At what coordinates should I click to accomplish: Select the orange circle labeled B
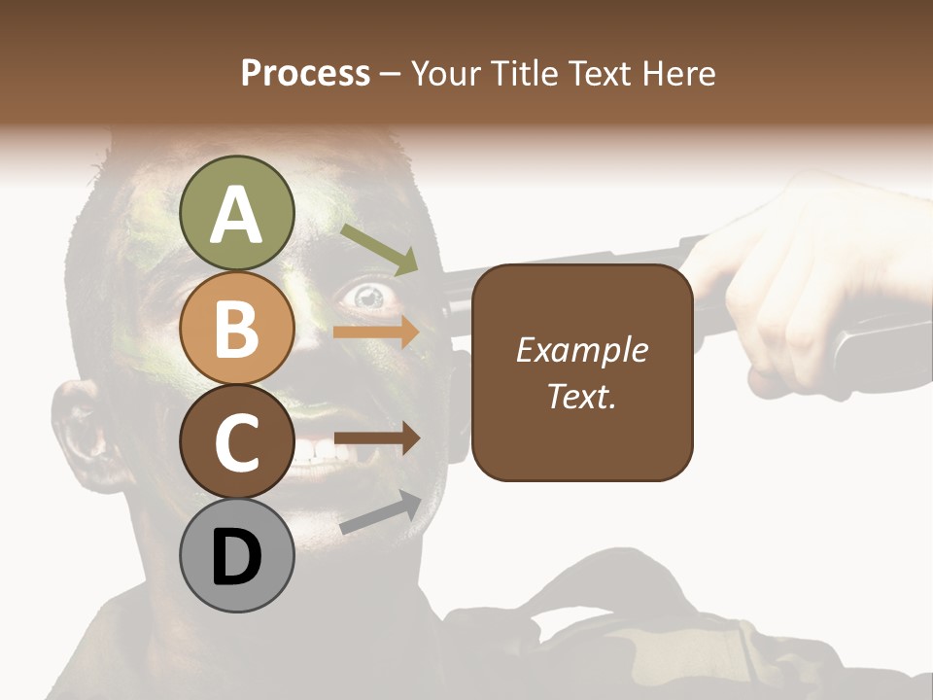tap(236, 328)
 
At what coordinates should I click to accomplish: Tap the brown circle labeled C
tap(236, 441)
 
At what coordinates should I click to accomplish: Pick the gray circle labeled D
tap(236, 556)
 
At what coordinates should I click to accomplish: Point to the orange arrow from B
tap(376, 332)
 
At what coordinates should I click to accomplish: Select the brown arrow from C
tap(376, 438)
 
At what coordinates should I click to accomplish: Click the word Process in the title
tap(305, 74)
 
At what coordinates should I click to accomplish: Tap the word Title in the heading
tap(524, 74)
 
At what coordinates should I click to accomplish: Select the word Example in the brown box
tap(582, 350)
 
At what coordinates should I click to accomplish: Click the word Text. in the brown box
tap(582, 396)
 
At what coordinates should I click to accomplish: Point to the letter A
tap(236, 215)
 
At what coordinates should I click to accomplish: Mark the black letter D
tap(236, 558)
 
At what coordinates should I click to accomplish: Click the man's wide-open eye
tap(368, 296)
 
